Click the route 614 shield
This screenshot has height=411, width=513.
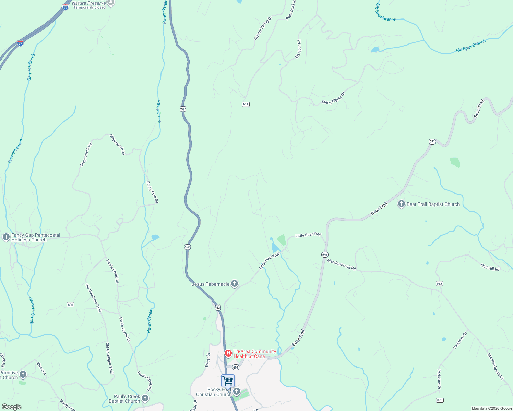coord(246,104)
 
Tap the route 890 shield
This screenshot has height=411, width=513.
coord(70,305)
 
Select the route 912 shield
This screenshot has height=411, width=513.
coord(439,283)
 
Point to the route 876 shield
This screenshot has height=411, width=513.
coord(440,400)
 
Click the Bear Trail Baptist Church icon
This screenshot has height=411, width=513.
coord(401,204)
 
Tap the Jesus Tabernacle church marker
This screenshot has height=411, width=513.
coord(235,283)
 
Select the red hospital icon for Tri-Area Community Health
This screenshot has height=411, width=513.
coord(228,353)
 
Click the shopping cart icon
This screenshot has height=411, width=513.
coord(228,381)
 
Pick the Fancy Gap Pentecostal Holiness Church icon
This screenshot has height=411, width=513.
coord(6,237)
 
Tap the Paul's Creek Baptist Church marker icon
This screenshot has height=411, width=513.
coord(145,398)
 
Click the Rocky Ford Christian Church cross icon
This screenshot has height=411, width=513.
coord(236,391)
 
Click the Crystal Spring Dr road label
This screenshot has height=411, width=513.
coord(263,28)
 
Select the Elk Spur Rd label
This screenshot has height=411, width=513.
coord(298,49)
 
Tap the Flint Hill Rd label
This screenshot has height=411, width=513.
coord(490,267)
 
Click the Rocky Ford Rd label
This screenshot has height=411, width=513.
coord(153,192)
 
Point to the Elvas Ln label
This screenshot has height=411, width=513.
coord(41,369)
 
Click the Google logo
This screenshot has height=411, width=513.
coord(12,407)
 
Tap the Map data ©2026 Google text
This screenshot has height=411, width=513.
coord(492,408)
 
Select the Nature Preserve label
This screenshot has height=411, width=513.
coord(89,3)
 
